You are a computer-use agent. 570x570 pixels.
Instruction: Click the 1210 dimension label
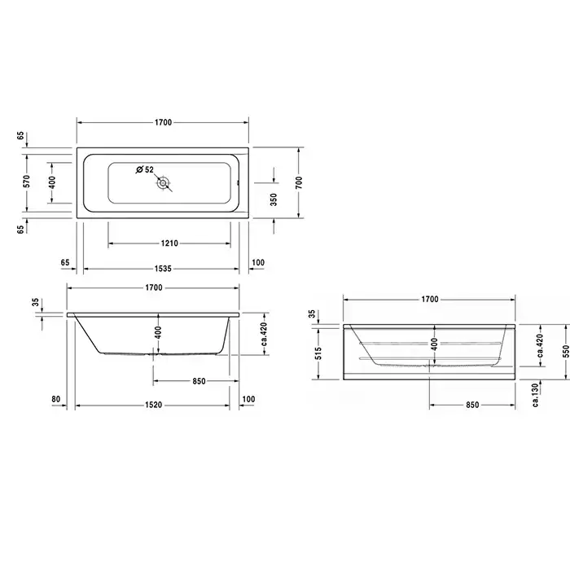click(x=169, y=243)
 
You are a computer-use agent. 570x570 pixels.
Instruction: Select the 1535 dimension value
click(x=163, y=269)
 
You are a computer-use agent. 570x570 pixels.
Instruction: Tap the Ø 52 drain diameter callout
click(x=145, y=169)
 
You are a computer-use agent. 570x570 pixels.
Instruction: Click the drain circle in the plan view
click(x=163, y=183)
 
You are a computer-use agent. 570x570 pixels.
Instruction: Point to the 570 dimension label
click(x=26, y=182)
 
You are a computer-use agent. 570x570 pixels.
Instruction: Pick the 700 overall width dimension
click(x=299, y=182)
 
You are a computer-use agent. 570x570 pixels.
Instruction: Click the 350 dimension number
click(x=274, y=199)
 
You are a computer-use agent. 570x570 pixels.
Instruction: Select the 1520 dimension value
click(x=153, y=405)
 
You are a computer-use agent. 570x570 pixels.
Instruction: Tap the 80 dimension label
click(x=55, y=399)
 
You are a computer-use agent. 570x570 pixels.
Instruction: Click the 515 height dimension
click(x=318, y=353)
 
